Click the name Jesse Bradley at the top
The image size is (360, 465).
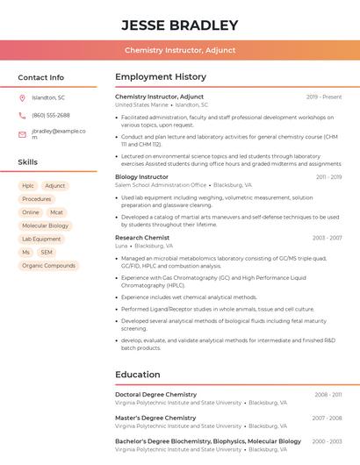click(x=179, y=25)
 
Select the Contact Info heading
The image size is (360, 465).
click(x=40, y=77)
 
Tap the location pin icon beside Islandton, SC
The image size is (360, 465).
click(x=22, y=97)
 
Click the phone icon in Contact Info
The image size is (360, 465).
click(x=22, y=115)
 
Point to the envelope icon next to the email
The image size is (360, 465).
click(x=22, y=134)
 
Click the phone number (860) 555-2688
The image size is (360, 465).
click(x=51, y=115)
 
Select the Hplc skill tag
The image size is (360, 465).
click(x=28, y=186)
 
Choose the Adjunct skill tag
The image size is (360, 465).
click(x=55, y=186)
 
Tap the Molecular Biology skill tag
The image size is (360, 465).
click(x=46, y=225)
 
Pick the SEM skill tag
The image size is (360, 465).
click(x=47, y=252)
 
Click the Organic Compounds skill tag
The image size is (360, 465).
click(x=48, y=265)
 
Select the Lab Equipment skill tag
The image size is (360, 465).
click(x=41, y=239)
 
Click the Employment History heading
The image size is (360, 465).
click(x=161, y=77)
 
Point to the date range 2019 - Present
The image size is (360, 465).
click(x=324, y=97)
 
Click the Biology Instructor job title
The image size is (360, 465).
click(x=141, y=176)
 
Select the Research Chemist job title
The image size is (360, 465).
click(x=142, y=238)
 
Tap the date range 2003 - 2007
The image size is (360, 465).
click(x=327, y=238)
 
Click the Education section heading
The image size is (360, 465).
click(x=137, y=375)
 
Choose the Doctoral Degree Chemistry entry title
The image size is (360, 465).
click(x=155, y=395)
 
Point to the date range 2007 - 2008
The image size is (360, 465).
click(x=327, y=418)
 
